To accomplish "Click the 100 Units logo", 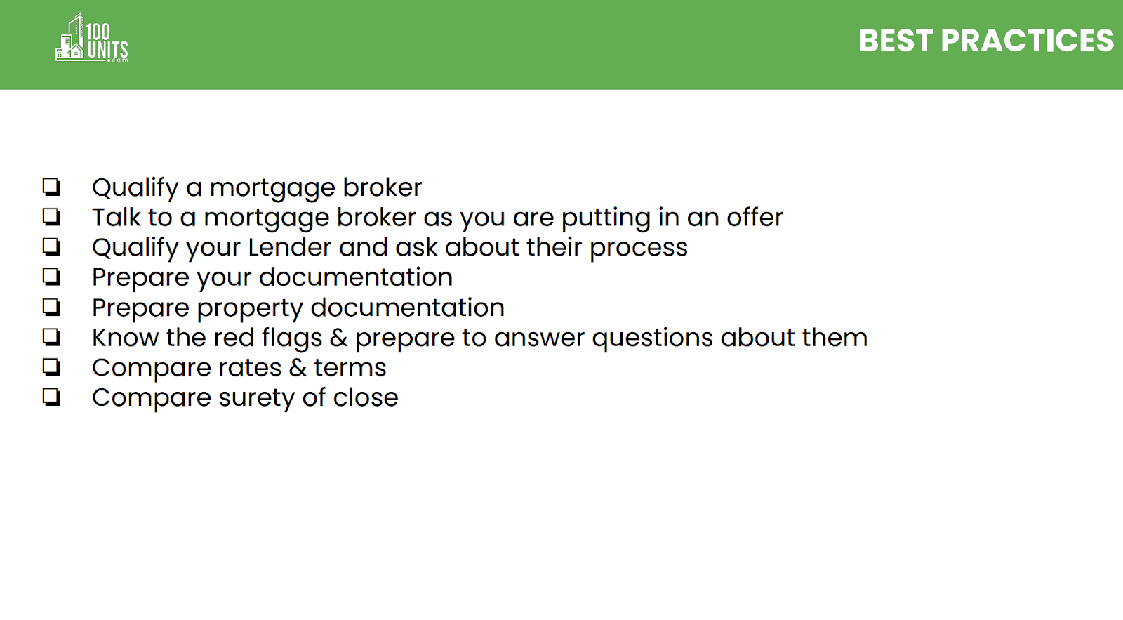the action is (92, 38).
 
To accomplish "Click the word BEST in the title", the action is (896, 41).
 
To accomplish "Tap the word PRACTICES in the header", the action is (1028, 41).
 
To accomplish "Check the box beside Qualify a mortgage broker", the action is (52, 187).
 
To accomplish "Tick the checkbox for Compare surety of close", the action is (52, 397).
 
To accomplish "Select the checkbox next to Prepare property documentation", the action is (52, 307).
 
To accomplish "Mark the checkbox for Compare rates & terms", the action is (52, 367).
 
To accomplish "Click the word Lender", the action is (290, 247).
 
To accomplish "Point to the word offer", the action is (755, 217).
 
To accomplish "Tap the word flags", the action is (292, 338).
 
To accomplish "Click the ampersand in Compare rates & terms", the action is (298, 368).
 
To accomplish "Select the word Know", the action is (126, 338).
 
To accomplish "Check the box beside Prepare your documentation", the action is (52, 277).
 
